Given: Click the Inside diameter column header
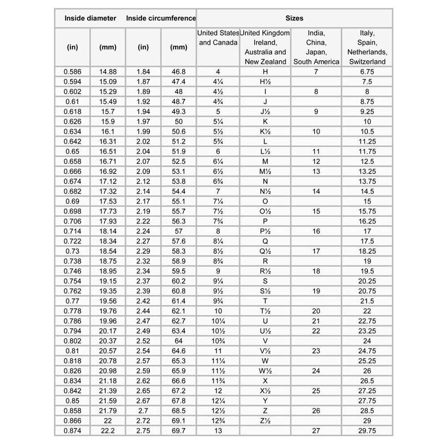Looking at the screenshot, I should coord(90,18).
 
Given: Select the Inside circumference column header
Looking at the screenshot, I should coord(161,18).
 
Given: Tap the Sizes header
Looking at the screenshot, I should coord(294,18).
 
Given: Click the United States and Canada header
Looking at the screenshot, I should coord(218,38).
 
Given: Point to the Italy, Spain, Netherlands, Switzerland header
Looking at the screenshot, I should coord(367,47).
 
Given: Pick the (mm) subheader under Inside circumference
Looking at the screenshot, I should coord(179,47).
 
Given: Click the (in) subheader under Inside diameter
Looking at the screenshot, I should coord(72,47).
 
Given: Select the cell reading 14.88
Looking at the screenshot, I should coord(108,72).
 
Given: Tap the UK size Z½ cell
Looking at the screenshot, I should coord(265,421).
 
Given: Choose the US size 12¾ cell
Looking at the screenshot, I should coord(218,421).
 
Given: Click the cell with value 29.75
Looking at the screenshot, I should coord(367,431).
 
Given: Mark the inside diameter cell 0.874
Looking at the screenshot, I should coord(72,431).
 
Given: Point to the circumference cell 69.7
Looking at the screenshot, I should coord(179,431).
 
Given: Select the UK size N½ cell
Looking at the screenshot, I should coord(265,191).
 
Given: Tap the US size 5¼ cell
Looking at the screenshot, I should coord(218,122).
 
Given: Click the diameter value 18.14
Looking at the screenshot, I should coord(108,231).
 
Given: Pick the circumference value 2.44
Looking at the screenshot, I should coord(143,311).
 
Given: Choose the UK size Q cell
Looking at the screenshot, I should coord(265,241).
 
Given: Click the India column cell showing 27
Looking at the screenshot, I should coord(316,431).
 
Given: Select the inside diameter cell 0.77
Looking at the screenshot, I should coord(72,301).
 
